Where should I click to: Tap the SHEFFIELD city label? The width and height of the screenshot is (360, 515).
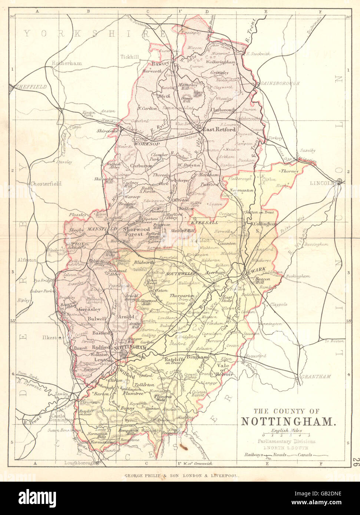(31, 87)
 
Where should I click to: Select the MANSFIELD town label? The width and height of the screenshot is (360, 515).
(98, 229)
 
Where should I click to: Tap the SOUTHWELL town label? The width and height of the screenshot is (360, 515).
(180, 273)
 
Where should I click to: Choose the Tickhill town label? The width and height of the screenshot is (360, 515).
(129, 57)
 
